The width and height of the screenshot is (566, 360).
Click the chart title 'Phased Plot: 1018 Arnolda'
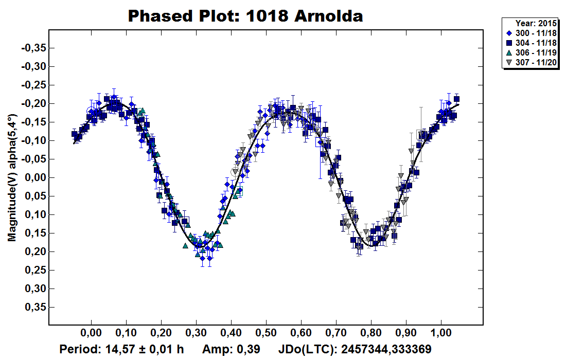click(245, 16)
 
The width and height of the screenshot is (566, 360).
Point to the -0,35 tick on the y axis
click(35, 48)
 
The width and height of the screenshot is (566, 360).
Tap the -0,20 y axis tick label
click(35, 104)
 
